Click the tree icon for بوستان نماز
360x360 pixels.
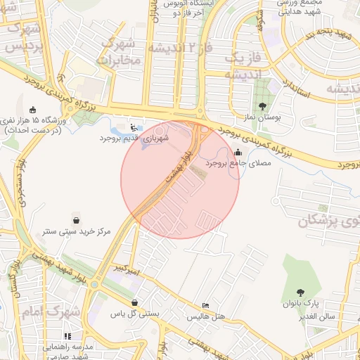coord(263,107)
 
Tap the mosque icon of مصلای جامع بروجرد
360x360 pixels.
coord(238,152)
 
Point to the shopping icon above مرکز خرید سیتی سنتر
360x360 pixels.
coord(76,219)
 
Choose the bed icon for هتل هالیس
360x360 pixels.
coord(205,305)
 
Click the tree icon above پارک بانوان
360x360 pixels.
coord(301,292)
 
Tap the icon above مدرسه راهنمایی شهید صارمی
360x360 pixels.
coord(67,335)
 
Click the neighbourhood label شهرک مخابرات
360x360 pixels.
coord(120,51)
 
